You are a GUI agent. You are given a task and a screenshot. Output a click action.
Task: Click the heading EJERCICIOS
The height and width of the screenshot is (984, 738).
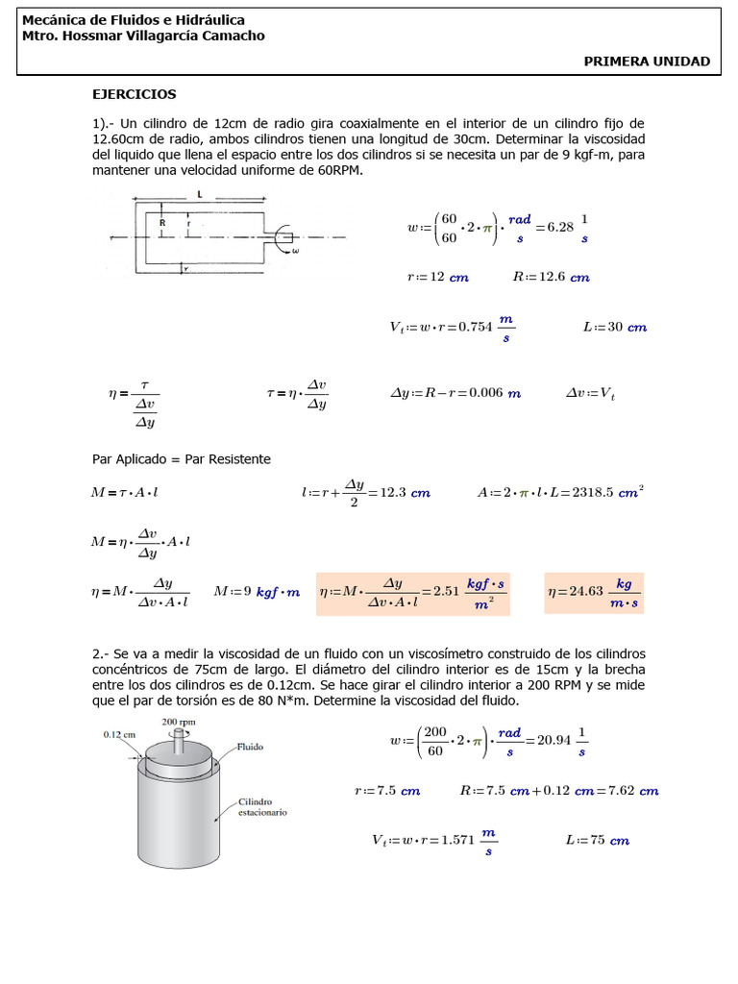tap(134, 94)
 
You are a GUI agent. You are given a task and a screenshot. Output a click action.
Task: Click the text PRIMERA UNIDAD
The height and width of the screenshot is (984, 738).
tap(647, 61)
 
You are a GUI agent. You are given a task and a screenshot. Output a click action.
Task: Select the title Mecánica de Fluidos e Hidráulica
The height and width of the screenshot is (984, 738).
tap(133, 19)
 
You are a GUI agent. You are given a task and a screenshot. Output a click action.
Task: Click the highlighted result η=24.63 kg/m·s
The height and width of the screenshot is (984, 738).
tap(593, 592)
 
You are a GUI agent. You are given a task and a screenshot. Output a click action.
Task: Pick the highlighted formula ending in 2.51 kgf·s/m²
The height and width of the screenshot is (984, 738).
tap(412, 592)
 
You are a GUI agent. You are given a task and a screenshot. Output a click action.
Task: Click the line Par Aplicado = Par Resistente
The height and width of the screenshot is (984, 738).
tap(181, 459)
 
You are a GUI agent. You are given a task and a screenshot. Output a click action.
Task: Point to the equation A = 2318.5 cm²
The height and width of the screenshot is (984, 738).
tap(560, 492)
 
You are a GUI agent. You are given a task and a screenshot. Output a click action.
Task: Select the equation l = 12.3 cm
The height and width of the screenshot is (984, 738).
tap(365, 492)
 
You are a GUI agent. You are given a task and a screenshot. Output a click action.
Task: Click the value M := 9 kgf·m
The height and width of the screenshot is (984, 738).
tap(257, 592)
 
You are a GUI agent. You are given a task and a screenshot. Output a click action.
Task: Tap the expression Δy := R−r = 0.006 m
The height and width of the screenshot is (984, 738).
tap(455, 393)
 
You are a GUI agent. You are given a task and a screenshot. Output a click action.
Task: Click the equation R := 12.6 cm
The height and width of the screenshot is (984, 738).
tap(551, 277)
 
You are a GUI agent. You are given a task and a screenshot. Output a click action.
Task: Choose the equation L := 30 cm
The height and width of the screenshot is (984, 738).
tap(615, 327)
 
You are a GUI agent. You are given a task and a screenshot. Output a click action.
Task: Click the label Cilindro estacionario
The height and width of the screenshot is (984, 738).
tap(261, 806)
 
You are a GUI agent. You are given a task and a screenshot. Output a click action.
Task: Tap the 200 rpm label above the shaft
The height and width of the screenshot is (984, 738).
tap(180, 722)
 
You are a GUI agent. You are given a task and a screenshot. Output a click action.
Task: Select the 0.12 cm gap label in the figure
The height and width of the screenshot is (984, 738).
tap(120, 734)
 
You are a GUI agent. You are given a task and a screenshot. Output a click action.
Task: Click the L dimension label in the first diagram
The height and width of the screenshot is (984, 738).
tap(199, 194)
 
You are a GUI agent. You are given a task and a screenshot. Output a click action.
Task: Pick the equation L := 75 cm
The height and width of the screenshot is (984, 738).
tap(597, 840)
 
